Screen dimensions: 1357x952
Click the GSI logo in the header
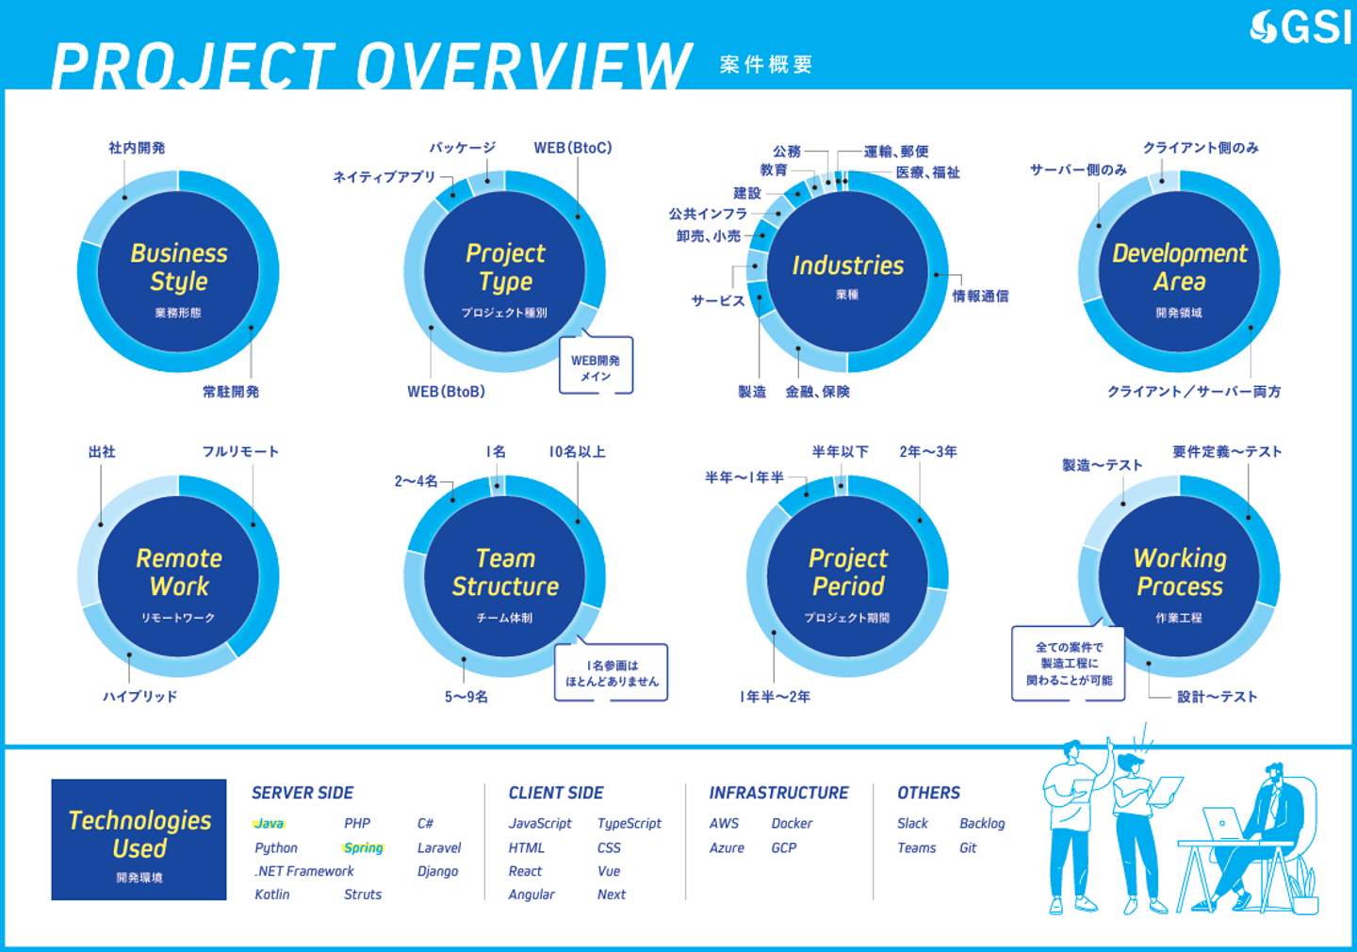tap(1300, 27)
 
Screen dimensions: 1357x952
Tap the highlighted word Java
tap(269, 824)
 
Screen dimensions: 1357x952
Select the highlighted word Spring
tap(364, 847)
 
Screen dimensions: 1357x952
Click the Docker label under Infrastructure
tap(792, 824)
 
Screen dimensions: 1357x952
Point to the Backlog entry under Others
tap(982, 824)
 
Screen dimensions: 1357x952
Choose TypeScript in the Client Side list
tap(629, 824)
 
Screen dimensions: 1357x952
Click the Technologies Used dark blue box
tap(139, 839)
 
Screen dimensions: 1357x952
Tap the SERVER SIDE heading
tap(302, 793)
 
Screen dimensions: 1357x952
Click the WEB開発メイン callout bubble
tap(597, 365)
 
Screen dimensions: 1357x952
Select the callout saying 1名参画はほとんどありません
tap(612, 672)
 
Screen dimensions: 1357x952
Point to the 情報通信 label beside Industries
tap(980, 296)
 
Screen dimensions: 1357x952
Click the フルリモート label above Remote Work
tap(240, 451)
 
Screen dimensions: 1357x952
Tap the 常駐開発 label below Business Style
tap(231, 392)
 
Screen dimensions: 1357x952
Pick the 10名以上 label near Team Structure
tap(578, 451)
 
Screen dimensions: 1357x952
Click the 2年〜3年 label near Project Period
tap(928, 451)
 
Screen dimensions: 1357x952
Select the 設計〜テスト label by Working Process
tap(1218, 697)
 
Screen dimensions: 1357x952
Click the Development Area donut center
tap(1179, 271)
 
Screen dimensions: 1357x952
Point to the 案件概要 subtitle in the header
tap(766, 64)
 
